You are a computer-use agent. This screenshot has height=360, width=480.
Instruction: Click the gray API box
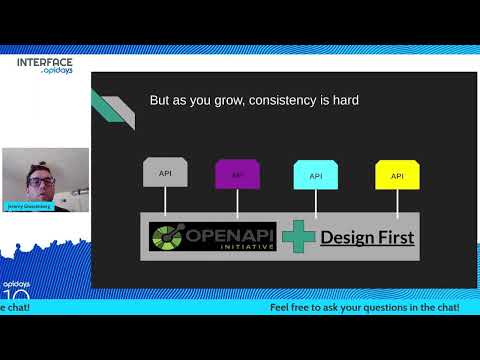click(165, 174)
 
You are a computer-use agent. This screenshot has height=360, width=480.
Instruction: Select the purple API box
click(237, 174)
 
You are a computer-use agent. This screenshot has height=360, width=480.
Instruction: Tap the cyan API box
click(315, 175)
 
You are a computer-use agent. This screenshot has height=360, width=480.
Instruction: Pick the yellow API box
click(397, 175)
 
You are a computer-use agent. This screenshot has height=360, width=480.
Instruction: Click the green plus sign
click(298, 237)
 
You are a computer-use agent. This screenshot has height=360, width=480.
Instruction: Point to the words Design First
click(367, 238)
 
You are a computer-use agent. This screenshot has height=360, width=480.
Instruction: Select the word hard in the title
click(342, 100)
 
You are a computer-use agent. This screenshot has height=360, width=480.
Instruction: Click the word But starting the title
click(160, 100)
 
